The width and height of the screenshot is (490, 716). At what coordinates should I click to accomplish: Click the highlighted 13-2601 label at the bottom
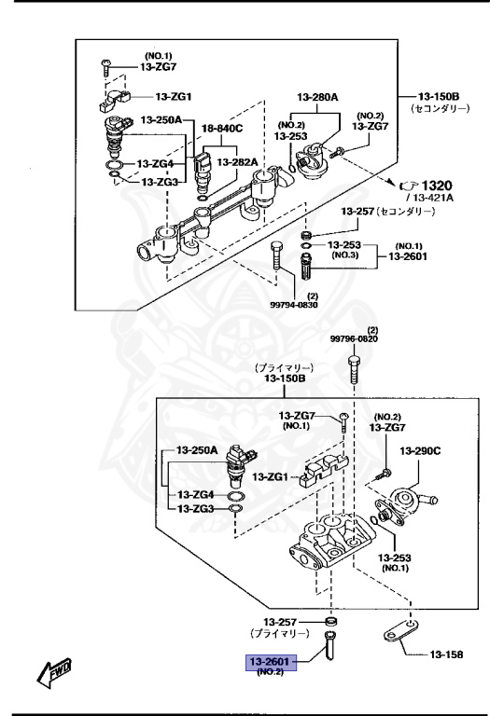tap(271, 661)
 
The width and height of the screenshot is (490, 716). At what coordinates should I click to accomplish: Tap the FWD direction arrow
tap(54, 672)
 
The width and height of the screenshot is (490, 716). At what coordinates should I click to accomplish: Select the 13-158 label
tap(446, 654)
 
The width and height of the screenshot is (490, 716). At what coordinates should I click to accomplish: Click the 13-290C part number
tap(420, 451)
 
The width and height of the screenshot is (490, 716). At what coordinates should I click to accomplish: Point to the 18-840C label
tap(222, 129)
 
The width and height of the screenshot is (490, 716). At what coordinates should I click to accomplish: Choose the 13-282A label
tap(237, 162)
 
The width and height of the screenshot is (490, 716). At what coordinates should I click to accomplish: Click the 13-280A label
tap(317, 97)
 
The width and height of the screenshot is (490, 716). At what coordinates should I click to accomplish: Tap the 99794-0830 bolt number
tap(293, 305)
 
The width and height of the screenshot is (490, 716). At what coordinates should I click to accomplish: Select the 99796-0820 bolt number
tap(355, 338)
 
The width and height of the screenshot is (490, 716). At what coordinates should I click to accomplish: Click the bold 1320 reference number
tap(436, 186)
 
